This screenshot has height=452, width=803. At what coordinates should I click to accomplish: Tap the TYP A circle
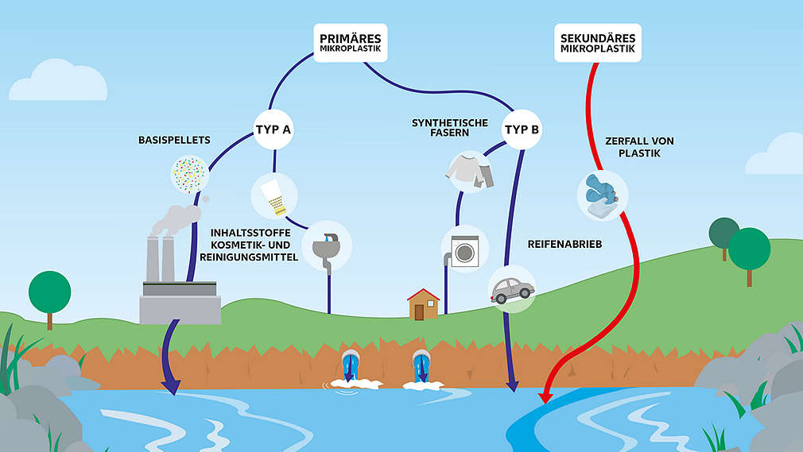point(272,128)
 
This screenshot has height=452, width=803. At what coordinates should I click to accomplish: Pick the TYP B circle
point(521,128)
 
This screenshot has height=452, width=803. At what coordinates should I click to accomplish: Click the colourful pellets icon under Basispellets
point(189,172)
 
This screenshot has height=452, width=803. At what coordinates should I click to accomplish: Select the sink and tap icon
point(327,245)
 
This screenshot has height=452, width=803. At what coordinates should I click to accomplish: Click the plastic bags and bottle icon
point(602,195)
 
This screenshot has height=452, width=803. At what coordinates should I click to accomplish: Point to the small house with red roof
point(423,303)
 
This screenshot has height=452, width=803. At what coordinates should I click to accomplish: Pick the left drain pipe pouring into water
point(350,367)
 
